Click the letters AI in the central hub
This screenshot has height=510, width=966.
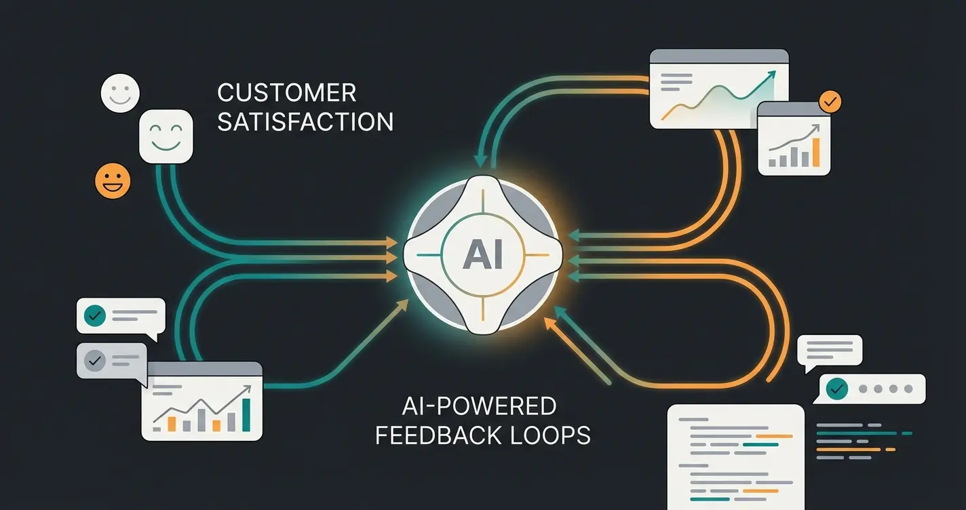(x=482, y=256)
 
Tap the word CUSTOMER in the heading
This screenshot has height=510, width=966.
(x=286, y=93)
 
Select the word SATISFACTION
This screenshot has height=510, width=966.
(x=305, y=122)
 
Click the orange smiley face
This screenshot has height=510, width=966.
(x=113, y=181)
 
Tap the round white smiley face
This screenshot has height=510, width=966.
(x=120, y=93)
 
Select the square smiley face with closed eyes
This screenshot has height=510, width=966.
(x=166, y=136)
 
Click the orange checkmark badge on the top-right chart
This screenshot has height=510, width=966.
(x=830, y=102)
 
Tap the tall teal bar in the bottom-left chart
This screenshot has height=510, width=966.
(x=246, y=414)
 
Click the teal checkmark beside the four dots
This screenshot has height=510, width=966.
(x=838, y=389)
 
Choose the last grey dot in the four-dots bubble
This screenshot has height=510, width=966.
(x=907, y=390)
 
